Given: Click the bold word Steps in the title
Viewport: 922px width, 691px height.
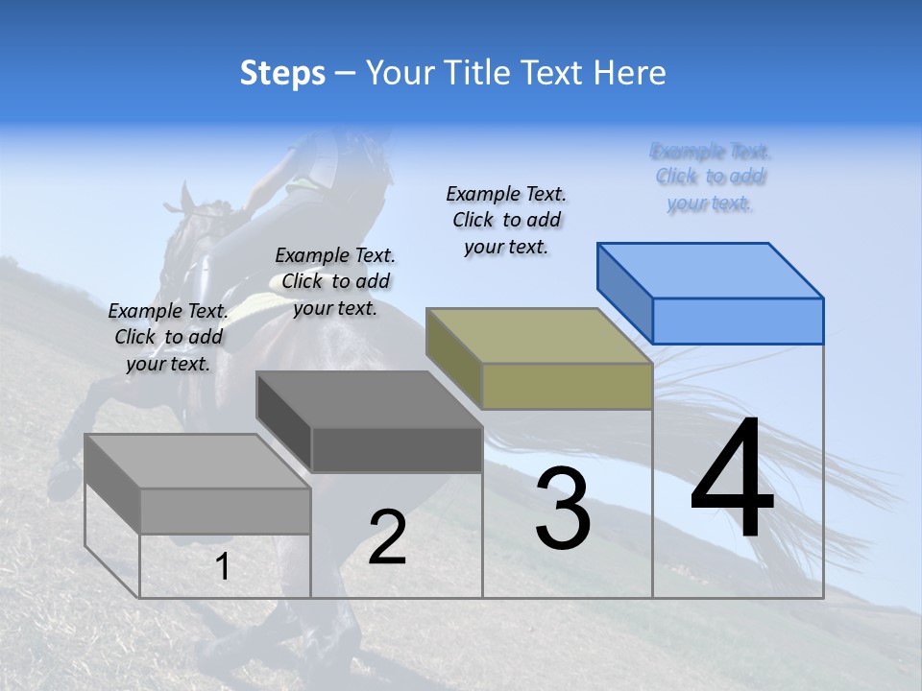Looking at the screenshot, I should pos(282,74).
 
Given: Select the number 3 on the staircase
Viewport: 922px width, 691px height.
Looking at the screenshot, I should pos(562,509).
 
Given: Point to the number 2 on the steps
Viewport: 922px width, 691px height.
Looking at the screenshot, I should pos(387,537).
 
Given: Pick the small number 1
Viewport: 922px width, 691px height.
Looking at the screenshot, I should pos(223,567).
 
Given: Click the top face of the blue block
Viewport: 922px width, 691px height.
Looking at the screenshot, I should pos(710,270).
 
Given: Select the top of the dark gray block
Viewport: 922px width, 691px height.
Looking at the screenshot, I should pos(369,399).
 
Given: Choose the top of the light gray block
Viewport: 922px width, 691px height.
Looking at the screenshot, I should pos(198,462).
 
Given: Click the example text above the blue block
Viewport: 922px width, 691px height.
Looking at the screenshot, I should pos(711,177).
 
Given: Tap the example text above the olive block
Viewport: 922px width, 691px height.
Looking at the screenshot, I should pos(506,220).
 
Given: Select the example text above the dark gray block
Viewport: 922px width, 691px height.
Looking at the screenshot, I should pos(335,281).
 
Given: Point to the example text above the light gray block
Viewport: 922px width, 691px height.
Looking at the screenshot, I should pos(168,337).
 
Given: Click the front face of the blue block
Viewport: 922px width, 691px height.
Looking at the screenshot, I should pos(738,321).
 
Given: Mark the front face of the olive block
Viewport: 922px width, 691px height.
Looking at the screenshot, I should pos(567,387).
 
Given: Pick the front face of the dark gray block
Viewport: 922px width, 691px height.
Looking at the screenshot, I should pos(397,449).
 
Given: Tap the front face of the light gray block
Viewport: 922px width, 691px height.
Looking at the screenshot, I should pos(226,511).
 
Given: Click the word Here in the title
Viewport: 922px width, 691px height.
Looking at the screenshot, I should pos(631,73).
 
